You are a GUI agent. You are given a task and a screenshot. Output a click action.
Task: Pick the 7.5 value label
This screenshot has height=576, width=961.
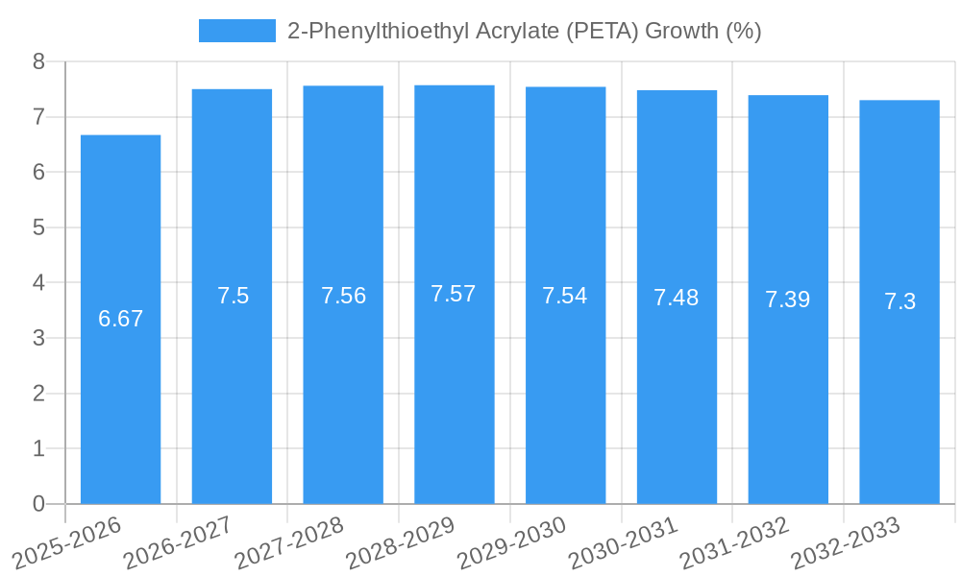[x=233, y=296]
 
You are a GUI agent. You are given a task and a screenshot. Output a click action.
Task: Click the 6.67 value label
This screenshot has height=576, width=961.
[x=120, y=319]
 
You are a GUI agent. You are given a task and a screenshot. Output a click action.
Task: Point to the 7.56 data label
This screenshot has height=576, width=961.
[x=343, y=296]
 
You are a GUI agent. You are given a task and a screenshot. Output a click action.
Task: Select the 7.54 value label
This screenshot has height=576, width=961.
[x=565, y=296]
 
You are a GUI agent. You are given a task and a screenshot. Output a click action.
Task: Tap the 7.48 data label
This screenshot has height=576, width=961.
[x=677, y=298]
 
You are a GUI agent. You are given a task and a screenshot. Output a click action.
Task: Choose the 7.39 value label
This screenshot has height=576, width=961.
[x=788, y=300]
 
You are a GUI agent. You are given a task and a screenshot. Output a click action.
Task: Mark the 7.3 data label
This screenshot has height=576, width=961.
[x=899, y=301]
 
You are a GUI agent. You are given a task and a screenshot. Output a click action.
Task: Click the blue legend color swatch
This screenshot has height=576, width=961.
[x=236, y=31]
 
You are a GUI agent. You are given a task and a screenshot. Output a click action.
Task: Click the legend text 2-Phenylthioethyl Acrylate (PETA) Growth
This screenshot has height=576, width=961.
[x=524, y=31]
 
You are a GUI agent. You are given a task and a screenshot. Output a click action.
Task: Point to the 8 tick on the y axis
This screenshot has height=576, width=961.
[x=38, y=61]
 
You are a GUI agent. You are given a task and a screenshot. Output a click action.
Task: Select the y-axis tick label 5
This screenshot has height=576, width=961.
[x=38, y=228]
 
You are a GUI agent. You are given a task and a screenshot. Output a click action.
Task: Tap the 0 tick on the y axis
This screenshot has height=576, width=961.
[x=38, y=504]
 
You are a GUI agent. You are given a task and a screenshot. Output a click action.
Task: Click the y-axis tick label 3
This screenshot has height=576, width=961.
[x=38, y=338]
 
